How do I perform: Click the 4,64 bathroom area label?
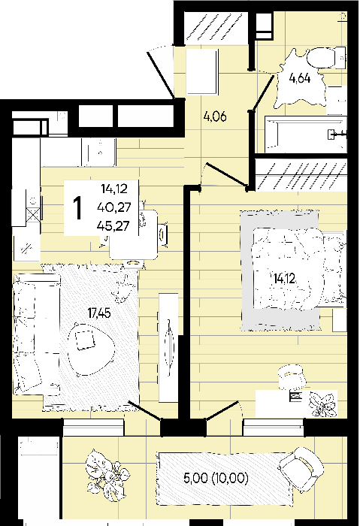(x=300, y=78)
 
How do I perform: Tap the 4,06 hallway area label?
(x=215, y=116)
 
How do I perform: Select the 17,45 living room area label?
(x=99, y=313)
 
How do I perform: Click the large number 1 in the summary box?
(x=77, y=208)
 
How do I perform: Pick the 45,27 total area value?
(x=113, y=226)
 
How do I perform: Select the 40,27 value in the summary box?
(x=113, y=207)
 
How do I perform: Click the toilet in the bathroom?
(x=326, y=57)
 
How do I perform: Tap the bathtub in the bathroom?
(x=306, y=135)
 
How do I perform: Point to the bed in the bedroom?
(x=298, y=269)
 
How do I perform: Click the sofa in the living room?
(x=36, y=334)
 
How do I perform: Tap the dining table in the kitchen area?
(x=135, y=234)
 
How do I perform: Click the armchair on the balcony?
(x=301, y=469)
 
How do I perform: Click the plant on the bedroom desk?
(x=322, y=404)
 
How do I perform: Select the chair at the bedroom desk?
(x=292, y=377)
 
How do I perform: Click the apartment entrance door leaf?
(x=160, y=74)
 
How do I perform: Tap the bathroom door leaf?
(x=262, y=93)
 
